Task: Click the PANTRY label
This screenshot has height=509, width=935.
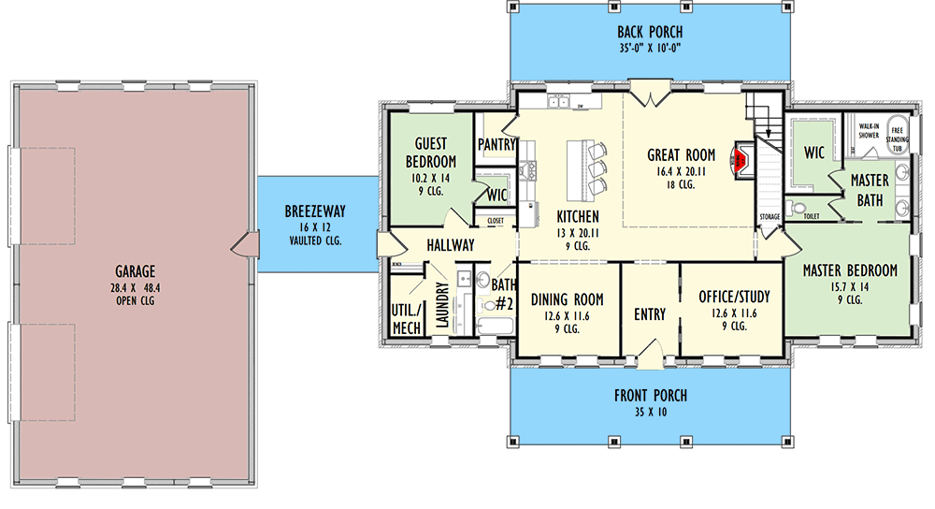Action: coord(496,145)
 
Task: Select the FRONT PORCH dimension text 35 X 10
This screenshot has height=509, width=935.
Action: coord(645,411)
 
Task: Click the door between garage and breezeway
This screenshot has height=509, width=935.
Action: coord(241,245)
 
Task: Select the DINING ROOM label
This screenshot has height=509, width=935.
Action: coord(568,299)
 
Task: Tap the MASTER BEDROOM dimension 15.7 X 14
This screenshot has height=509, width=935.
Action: coord(850,287)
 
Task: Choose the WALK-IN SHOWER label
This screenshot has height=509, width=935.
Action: coord(869,130)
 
